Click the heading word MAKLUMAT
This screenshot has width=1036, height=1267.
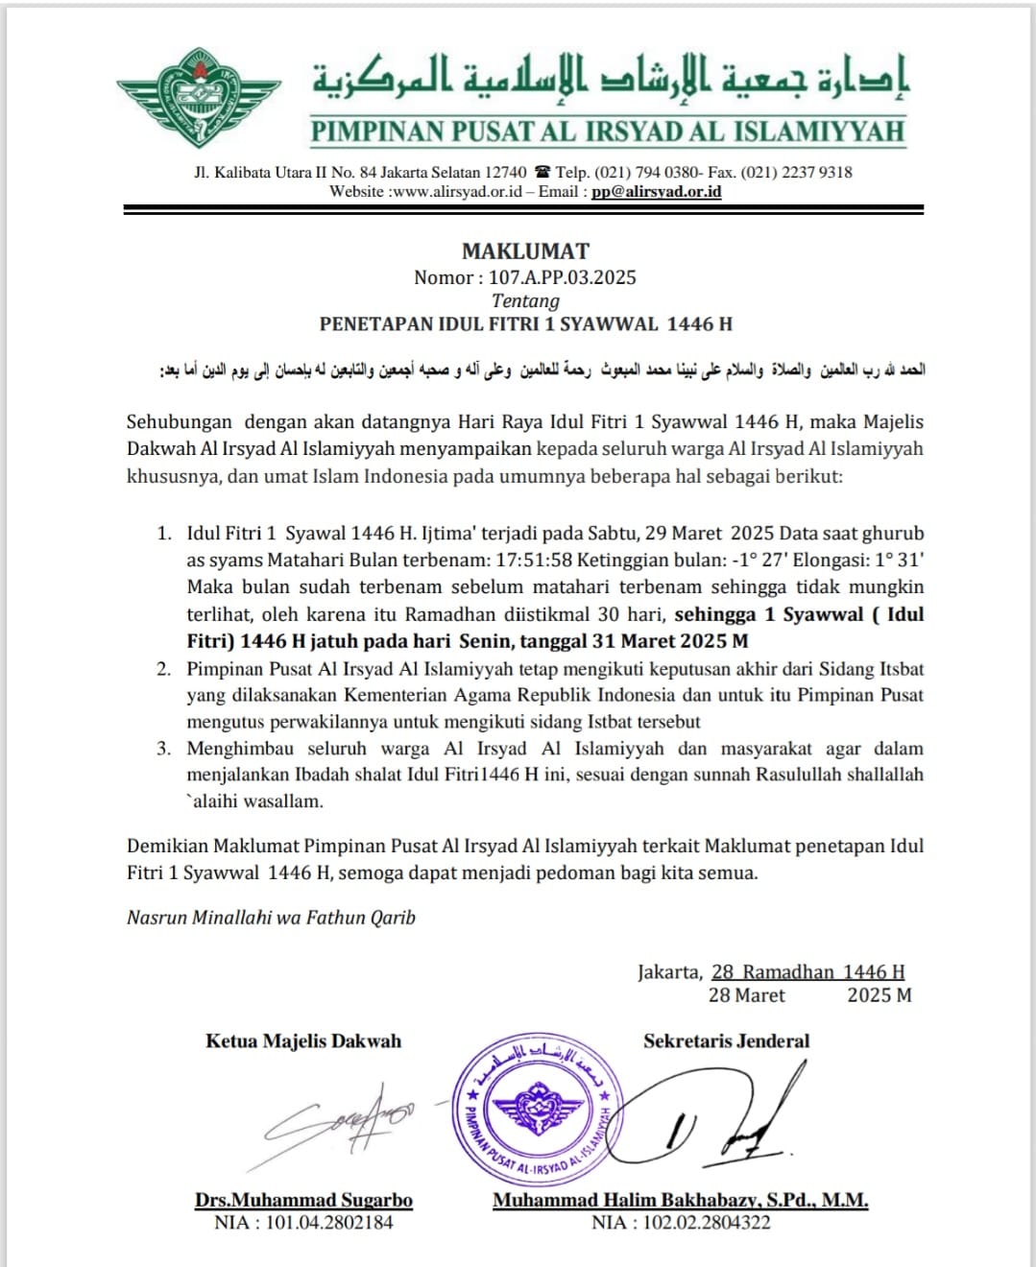point(525,251)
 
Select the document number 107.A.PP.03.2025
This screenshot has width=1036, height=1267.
point(562,277)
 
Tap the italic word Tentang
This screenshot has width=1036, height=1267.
point(525,300)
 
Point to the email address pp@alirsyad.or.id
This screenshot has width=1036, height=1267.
point(656,191)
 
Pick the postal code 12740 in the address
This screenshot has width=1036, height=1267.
point(505,173)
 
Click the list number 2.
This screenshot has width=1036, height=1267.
point(164,669)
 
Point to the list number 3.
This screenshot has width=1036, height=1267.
point(164,749)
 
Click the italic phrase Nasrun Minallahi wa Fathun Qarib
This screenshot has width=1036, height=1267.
point(271,918)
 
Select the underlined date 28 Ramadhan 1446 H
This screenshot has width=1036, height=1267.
point(807,972)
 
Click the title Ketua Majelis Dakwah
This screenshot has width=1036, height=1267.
point(303,1041)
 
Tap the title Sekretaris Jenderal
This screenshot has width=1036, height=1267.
point(726,1041)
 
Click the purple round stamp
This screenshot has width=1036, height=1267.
point(537,1110)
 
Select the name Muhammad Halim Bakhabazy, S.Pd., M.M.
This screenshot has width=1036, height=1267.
point(680,1200)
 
